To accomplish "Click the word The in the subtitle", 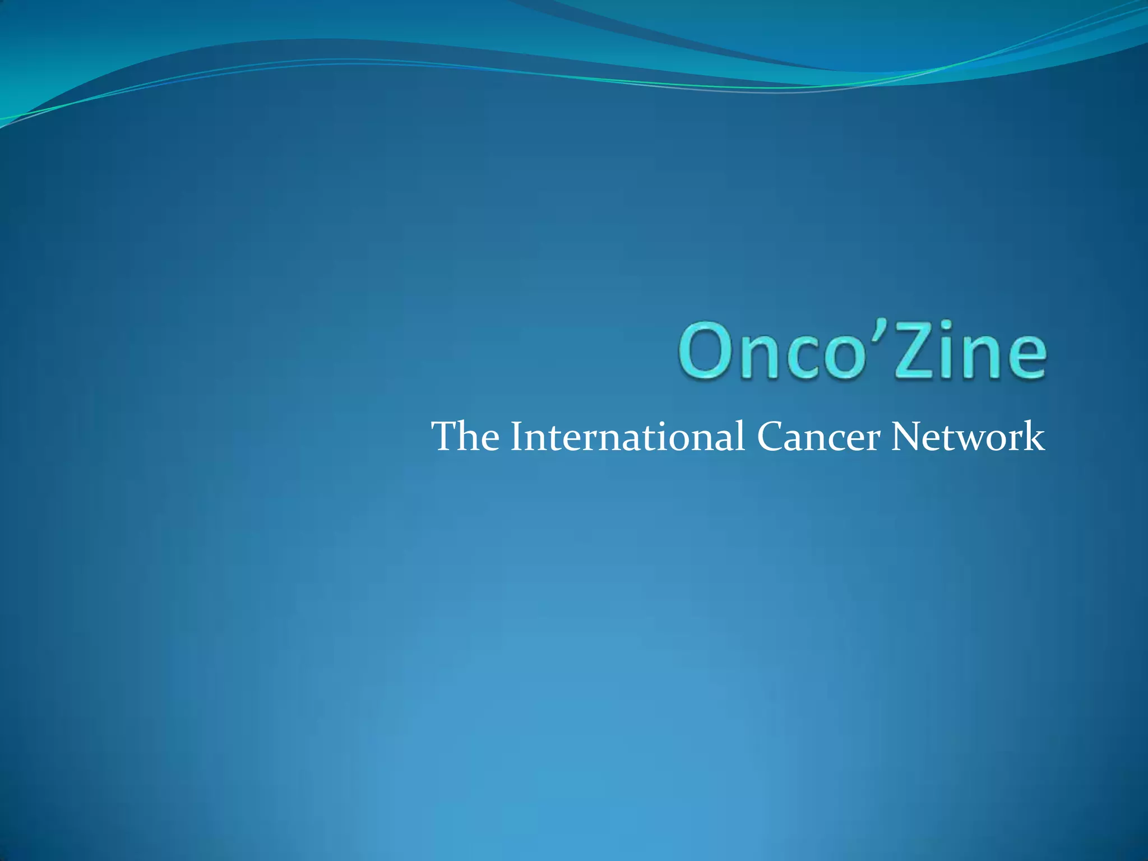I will click(465, 437).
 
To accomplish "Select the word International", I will click(627, 437).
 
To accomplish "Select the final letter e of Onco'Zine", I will click(1024, 358).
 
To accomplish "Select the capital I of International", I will click(515, 437).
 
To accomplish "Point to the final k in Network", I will click(1036, 436).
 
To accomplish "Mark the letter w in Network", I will click(973, 441).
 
